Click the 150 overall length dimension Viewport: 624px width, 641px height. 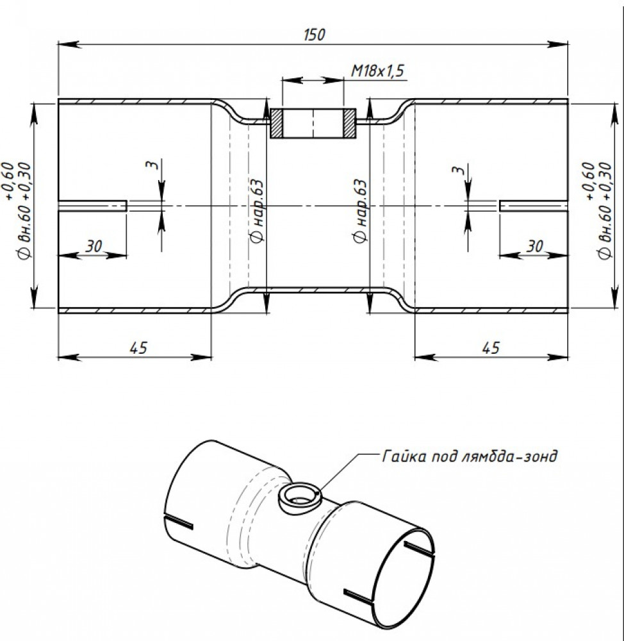click(315, 35)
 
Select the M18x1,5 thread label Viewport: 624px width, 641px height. click(377, 71)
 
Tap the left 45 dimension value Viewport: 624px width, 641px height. click(138, 348)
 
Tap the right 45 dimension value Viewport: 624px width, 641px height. click(491, 348)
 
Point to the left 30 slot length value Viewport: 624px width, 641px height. click(94, 247)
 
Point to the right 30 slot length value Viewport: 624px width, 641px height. click(534, 247)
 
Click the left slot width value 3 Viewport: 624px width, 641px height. click(152, 165)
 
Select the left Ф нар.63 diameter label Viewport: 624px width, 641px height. click(257, 211)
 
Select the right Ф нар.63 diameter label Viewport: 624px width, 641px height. click(360, 211)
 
